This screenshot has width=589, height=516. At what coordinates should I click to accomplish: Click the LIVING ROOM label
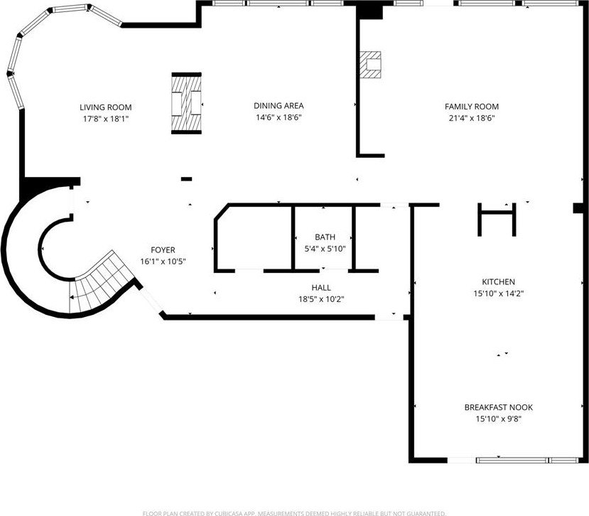105,107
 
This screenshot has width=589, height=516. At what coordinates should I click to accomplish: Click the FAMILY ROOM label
471,107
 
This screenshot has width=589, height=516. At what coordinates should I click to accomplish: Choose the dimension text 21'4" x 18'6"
471,118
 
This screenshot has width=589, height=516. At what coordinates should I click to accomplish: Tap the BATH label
325,237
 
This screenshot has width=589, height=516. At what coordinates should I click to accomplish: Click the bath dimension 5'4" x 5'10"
325,249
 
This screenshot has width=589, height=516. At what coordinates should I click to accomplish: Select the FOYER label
163,250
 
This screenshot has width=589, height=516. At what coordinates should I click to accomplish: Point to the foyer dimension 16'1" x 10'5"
163,261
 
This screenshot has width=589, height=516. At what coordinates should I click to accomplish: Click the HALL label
320,288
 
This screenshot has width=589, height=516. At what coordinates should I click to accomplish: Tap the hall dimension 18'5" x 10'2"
320,299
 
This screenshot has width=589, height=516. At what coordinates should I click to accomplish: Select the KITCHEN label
497,282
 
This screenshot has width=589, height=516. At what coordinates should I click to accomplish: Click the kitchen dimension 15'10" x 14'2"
497,293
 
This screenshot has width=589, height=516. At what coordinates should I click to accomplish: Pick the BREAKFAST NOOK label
498,408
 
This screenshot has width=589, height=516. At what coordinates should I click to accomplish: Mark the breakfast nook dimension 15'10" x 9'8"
498,419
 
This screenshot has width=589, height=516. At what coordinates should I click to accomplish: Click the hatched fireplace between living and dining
186,104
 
